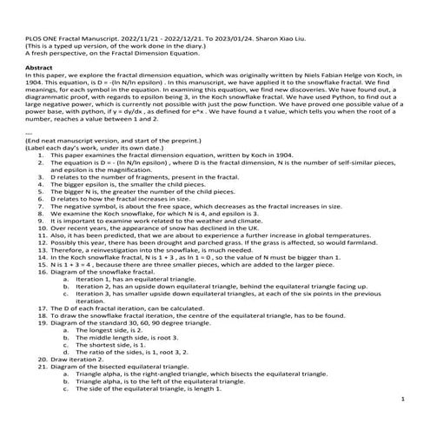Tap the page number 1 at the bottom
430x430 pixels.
click(x=404, y=398)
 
